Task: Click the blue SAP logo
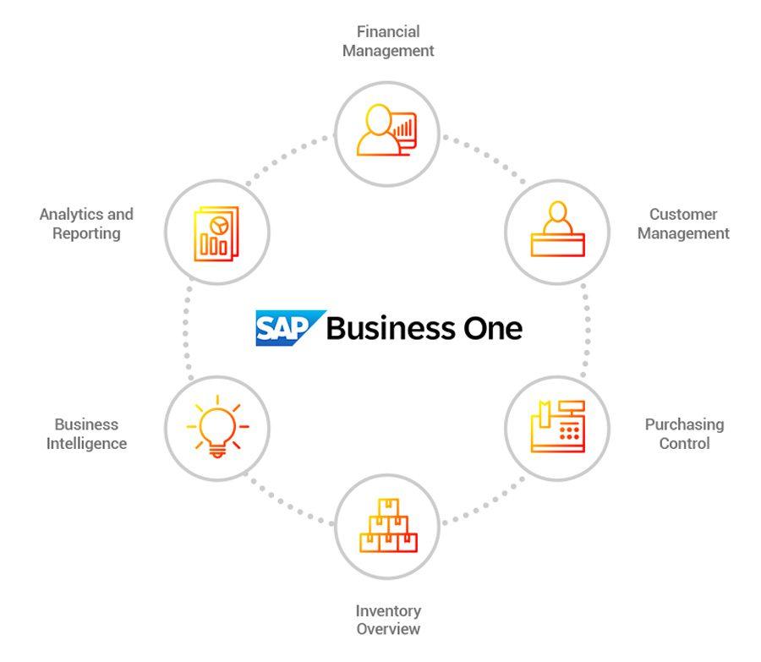290,328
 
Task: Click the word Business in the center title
391,329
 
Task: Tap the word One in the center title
493,329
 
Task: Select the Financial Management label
388,41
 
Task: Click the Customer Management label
683,224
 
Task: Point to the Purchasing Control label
684,434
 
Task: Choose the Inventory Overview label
388,620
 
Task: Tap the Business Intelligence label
87,434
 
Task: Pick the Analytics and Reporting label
86,224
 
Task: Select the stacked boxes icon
388,526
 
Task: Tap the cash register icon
558,427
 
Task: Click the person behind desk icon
558,228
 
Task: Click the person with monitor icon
386,130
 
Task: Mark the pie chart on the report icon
219,225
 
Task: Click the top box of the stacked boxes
388,507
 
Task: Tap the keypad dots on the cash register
569,433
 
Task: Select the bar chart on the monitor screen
402,129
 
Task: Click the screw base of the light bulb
217,452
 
